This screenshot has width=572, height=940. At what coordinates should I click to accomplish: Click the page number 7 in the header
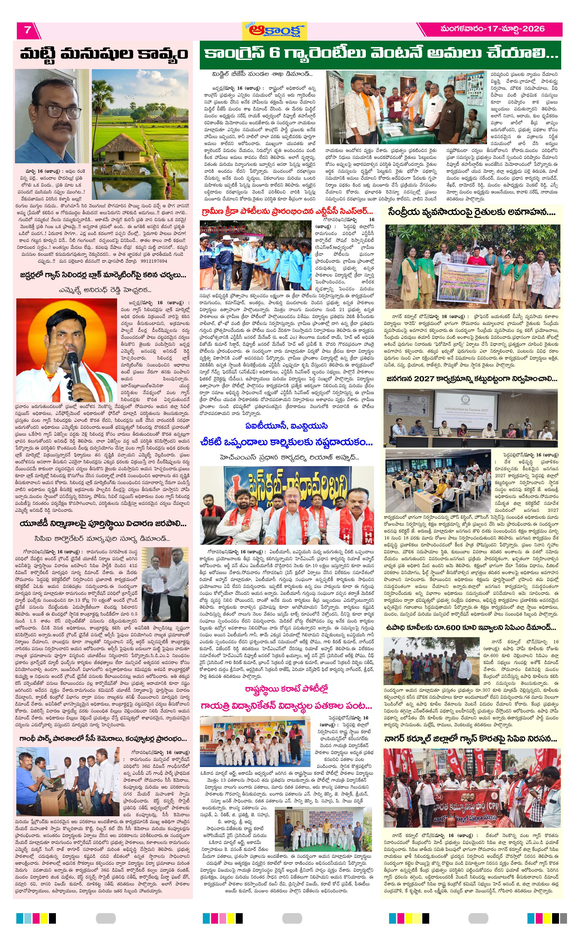27,30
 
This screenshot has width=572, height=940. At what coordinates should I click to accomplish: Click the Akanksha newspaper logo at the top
274,30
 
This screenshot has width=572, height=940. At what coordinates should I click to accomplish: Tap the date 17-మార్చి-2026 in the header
492,29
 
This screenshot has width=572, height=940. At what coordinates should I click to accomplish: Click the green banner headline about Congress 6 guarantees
380,53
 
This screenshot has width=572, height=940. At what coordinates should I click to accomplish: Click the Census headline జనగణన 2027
471,379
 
